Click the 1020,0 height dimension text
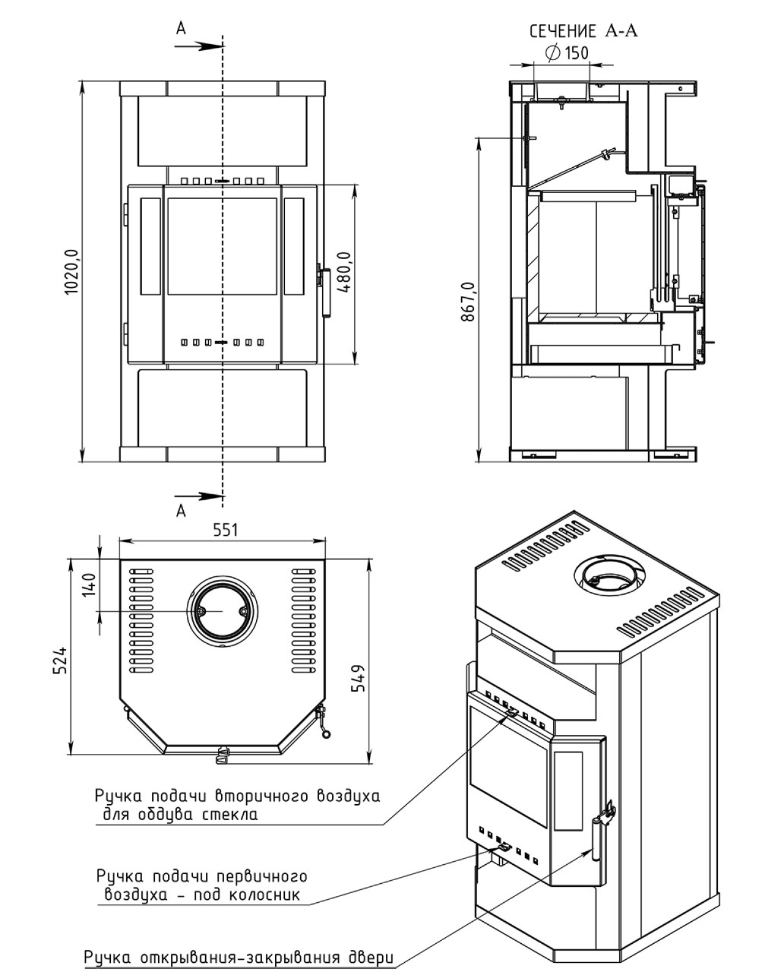click(x=72, y=272)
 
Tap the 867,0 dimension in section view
click(x=468, y=301)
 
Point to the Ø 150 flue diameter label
click(x=567, y=53)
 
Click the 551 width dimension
click(x=225, y=530)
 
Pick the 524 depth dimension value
click(x=60, y=660)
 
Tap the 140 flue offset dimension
click(x=89, y=585)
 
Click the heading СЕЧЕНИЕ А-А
click(x=583, y=31)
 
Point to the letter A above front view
click(x=181, y=28)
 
